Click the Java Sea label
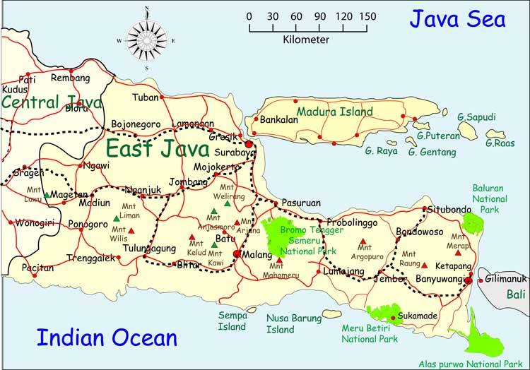coord(459,19)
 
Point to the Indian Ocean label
coord(107,338)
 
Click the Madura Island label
coord(334,112)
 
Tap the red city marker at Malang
coord(238,254)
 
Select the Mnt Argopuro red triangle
coord(363,241)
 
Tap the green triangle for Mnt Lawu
coord(47,195)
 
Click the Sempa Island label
coord(232,321)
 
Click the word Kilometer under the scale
coord(305,40)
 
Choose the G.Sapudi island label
coord(476,117)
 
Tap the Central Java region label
coord(52,102)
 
